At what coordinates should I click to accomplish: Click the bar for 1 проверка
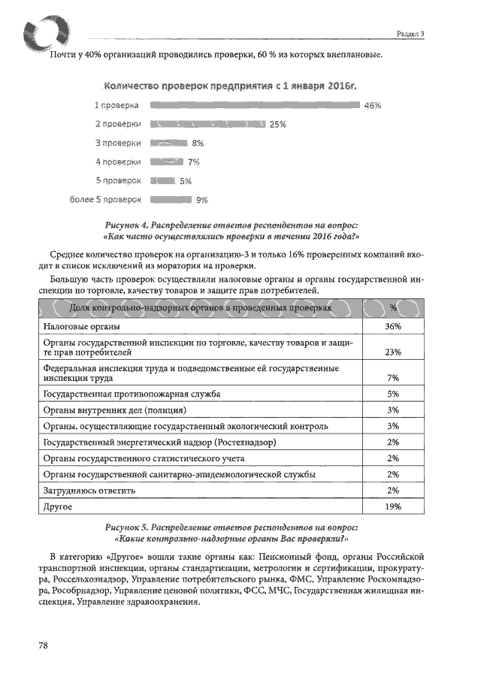(255, 105)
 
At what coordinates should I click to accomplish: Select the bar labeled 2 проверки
(207, 124)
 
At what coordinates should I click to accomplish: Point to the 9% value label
(201, 201)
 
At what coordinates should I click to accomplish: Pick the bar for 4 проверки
(167, 162)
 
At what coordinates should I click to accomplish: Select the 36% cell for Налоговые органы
(393, 327)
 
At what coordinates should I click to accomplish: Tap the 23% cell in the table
(393, 352)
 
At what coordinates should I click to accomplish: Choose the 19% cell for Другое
(393, 507)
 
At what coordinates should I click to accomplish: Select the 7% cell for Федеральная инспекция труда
(393, 378)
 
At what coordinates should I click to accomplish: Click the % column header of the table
(393, 308)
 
